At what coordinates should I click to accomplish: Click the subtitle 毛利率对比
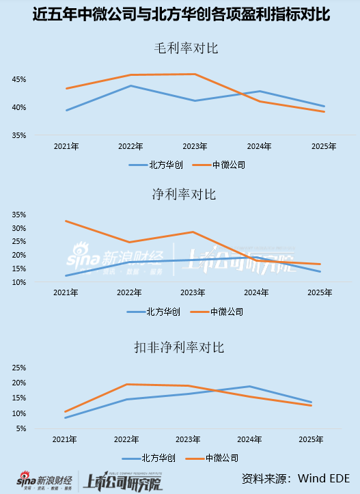(180, 49)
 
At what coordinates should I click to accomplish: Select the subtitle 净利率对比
(180, 195)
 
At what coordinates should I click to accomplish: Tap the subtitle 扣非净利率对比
(180, 348)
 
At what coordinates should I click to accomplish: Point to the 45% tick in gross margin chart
(18, 80)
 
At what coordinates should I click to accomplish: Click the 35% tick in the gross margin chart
(18, 135)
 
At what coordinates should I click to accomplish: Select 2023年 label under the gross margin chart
(195, 146)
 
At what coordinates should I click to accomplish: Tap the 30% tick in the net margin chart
(18, 228)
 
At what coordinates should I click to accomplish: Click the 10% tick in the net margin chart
(18, 282)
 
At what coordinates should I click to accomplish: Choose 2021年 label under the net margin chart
(66, 292)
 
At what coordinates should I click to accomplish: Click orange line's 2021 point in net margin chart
(66, 221)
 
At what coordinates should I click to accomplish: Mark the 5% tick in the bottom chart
(20, 428)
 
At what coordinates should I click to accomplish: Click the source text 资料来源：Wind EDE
(297, 477)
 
